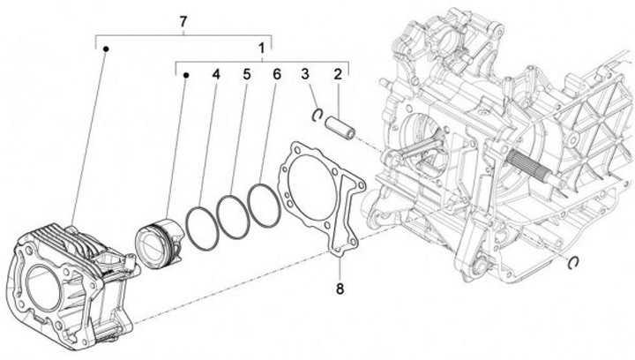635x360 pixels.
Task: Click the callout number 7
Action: pyautogui.click(x=183, y=20)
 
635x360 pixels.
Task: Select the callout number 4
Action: pyautogui.click(x=214, y=75)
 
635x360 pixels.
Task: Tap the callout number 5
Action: pyautogui.click(x=246, y=75)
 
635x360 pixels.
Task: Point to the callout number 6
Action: pyautogui.click(x=276, y=75)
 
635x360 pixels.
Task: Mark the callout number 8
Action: pyautogui.click(x=340, y=289)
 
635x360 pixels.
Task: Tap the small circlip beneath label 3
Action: pyautogui.click(x=317, y=111)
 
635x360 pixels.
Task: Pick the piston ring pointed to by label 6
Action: pyautogui.click(x=265, y=204)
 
